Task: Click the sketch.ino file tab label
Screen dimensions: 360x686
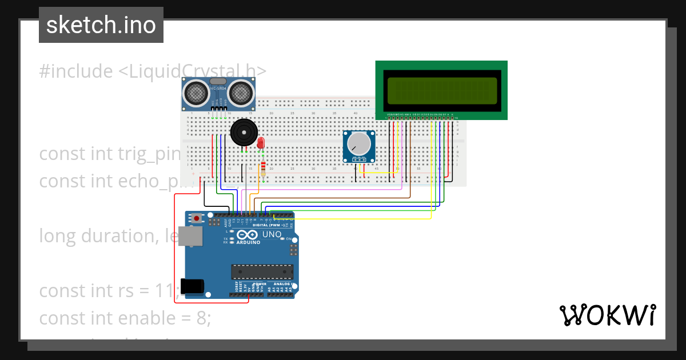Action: (101, 25)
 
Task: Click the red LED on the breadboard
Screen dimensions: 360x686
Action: (261, 143)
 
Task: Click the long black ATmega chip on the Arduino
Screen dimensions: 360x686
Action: (262, 273)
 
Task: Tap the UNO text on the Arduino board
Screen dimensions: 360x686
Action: (272, 234)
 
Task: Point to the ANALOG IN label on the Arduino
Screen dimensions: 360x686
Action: (283, 284)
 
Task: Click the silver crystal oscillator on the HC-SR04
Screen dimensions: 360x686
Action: (218, 81)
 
